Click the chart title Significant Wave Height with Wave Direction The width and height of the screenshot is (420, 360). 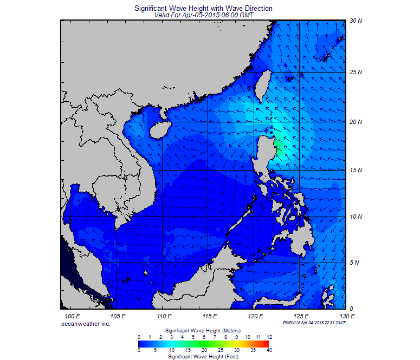coord(203,9)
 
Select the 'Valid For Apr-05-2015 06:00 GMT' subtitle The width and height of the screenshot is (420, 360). coord(203,15)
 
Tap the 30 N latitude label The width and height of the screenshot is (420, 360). coord(356,21)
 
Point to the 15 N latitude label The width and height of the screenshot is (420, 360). coord(356,171)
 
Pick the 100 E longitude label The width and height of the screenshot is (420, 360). coord(73,316)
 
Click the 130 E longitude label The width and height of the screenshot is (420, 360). coord(347,316)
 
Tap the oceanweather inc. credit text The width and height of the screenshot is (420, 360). coord(86,323)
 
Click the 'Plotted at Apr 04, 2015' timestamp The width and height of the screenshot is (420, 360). coord(314,323)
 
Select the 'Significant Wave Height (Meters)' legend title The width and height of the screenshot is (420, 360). coord(203,330)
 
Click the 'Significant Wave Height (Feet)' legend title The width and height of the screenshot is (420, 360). coord(203,357)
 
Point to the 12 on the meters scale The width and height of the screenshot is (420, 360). coord(269,337)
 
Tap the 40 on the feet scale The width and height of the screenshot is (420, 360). coord(269,350)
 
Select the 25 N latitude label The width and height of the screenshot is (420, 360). coord(356,72)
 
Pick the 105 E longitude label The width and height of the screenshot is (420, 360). coord(118,316)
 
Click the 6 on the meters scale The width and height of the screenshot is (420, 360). coord(204,337)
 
